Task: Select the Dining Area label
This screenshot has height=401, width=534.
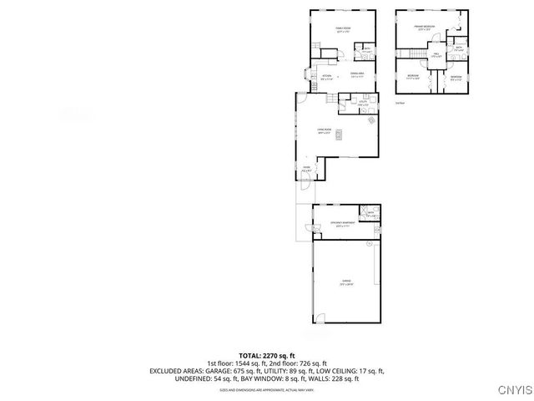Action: [356, 75]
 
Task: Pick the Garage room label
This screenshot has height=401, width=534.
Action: [346, 282]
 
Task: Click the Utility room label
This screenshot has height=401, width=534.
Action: [363, 104]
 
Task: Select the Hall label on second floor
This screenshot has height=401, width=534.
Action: [435, 55]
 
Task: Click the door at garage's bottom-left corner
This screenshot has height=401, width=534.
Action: [318, 319]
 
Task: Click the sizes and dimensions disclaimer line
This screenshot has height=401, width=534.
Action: [267, 389]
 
